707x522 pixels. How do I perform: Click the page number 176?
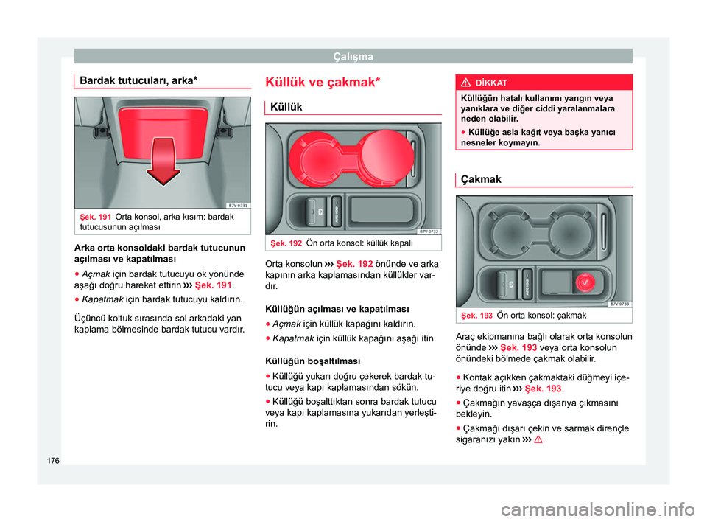[x=53, y=461]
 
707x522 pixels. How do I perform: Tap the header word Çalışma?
[x=353, y=57]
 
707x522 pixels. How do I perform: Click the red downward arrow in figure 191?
[x=163, y=161]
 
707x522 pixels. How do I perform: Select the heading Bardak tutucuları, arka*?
[x=138, y=80]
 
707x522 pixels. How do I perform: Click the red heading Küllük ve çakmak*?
[x=323, y=82]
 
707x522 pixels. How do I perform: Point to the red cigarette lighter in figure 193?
[x=585, y=282]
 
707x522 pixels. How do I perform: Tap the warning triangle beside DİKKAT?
[x=466, y=83]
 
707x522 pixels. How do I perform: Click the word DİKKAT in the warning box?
[x=491, y=83]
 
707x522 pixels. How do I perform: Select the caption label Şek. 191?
[x=96, y=217]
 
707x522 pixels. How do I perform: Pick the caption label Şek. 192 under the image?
[x=286, y=243]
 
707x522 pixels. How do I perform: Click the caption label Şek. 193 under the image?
[x=476, y=316]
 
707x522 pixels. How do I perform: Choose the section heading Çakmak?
[x=481, y=179]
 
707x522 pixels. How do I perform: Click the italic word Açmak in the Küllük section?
[x=286, y=324]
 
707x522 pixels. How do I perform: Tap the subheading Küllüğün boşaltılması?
[x=313, y=361]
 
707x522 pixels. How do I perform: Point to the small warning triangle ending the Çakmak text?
[x=538, y=439]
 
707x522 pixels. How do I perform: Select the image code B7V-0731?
[x=238, y=206]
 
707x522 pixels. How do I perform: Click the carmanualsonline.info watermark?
[x=598, y=509]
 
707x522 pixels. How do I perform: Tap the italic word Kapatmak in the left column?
[x=102, y=299]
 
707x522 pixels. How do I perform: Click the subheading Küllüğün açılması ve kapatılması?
[x=337, y=310]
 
